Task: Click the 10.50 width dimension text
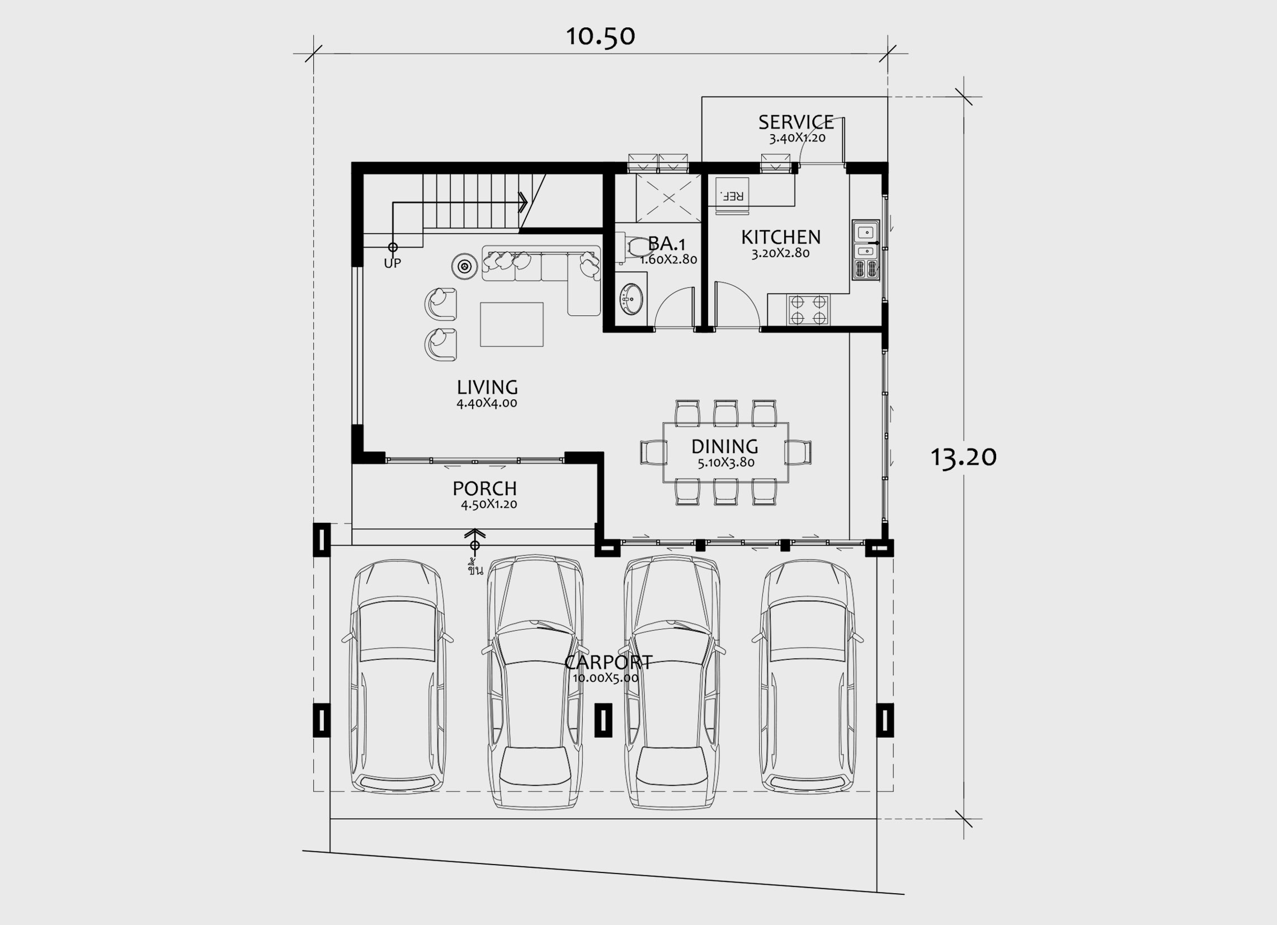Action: (600, 36)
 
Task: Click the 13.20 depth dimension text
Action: (963, 457)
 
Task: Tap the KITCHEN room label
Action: (780, 237)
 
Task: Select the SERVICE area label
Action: (795, 122)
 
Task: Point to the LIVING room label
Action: (487, 388)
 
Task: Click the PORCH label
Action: (484, 488)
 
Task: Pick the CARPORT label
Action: (608, 662)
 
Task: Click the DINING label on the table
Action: (725, 446)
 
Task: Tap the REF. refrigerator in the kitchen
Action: (732, 195)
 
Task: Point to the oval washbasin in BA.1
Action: (630, 297)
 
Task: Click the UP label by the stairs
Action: (393, 263)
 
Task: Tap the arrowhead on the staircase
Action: (524, 202)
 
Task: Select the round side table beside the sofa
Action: (464, 266)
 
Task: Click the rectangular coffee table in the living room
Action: (511, 324)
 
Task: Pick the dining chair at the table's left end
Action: (652, 452)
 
